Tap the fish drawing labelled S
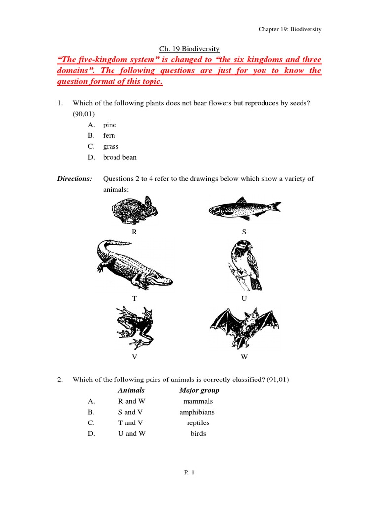(x=244, y=209)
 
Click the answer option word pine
(x=110, y=125)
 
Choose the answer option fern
(x=109, y=136)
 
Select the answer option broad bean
(x=120, y=158)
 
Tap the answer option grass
(x=111, y=147)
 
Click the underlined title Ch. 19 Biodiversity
(x=189, y=49)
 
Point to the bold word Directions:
(x=75, y=179)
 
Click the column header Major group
(x=199, y=391)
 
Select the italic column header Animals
(x=131, y=391)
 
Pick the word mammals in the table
(x=198, y=402)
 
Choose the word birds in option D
(x=198, y=434)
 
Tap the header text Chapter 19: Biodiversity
(x=290, y=30)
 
